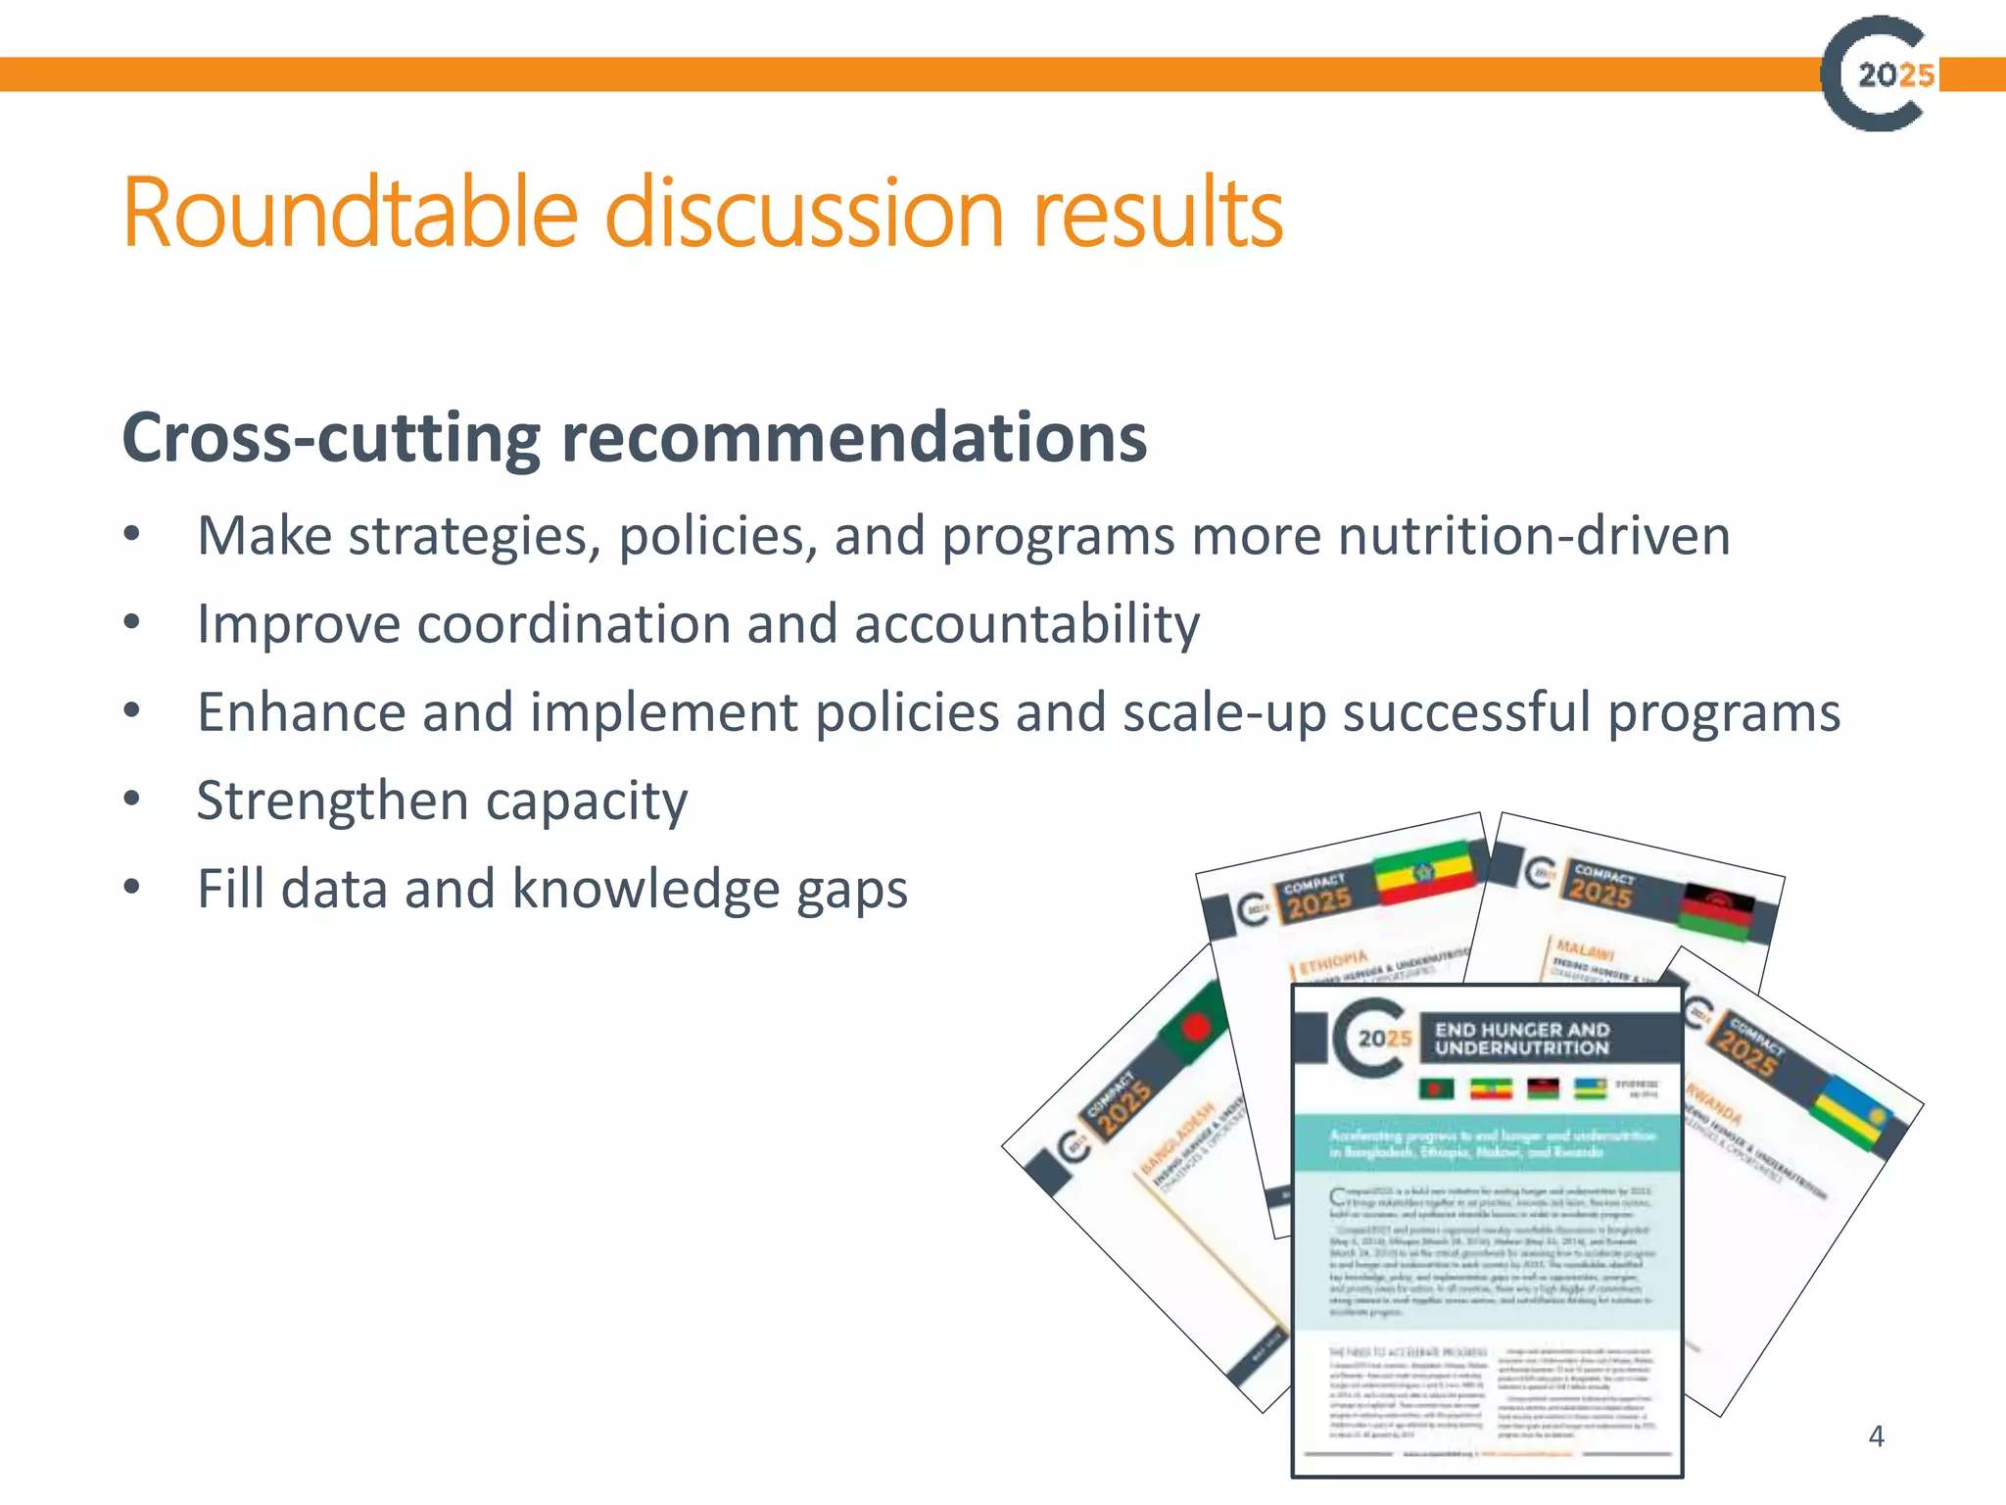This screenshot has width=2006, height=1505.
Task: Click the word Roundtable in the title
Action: point(351,214)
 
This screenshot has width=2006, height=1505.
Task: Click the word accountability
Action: point(1027,624)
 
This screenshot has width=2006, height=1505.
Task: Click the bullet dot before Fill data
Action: point(132,888)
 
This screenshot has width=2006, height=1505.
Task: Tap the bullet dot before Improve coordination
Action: point(132,622)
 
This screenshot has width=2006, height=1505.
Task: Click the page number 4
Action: point(1876,1436)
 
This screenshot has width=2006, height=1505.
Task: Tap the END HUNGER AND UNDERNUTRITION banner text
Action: point(1521,1039)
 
